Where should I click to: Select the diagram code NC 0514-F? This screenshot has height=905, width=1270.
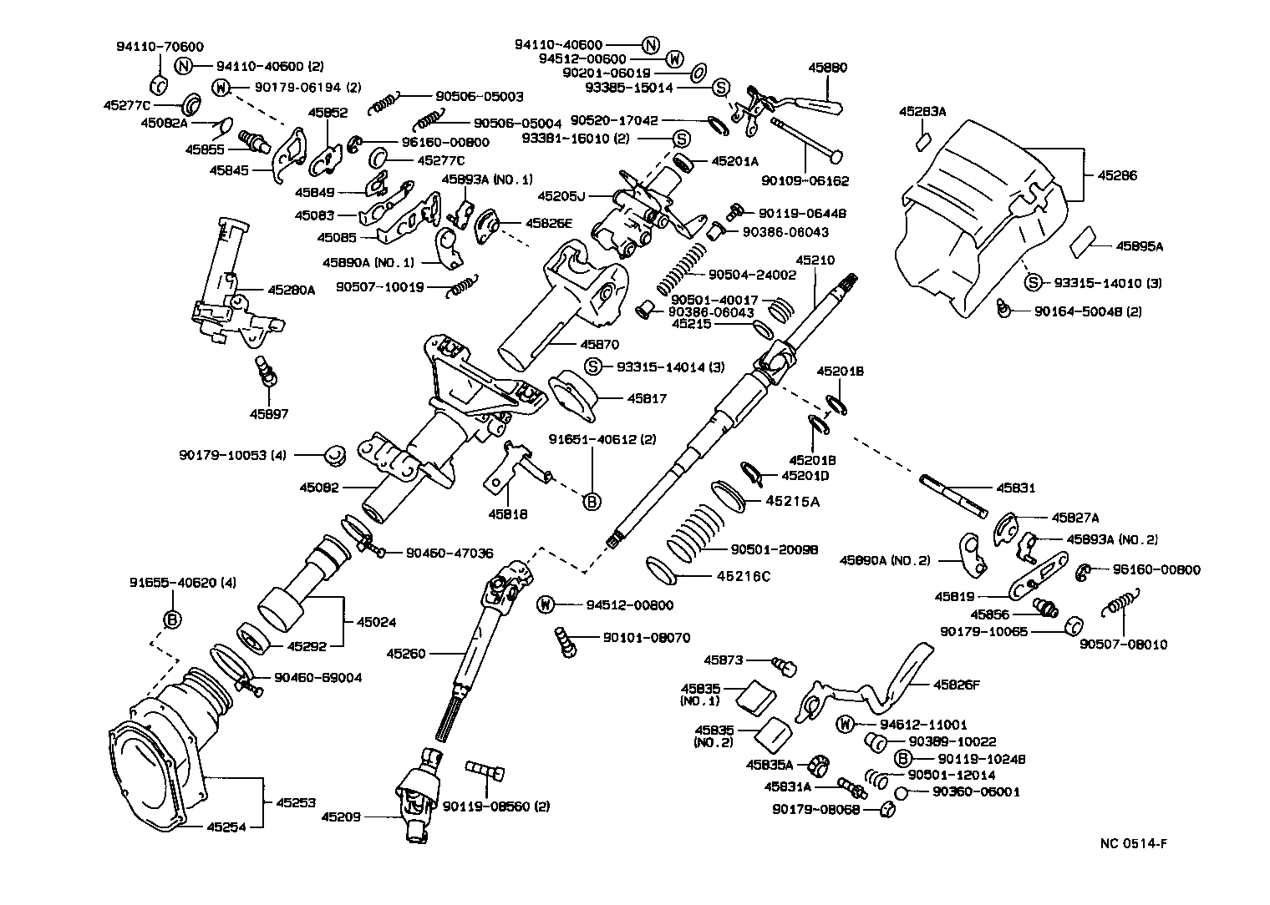point(1132,843)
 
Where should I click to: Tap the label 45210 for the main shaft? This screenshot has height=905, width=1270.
point(815,260)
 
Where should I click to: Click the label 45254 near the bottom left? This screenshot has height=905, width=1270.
point(204,827)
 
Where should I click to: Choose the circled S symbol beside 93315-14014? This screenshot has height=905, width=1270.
point(593,367)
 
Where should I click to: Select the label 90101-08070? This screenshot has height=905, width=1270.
point(646,638)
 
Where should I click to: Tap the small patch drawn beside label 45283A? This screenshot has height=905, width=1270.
point(923,141)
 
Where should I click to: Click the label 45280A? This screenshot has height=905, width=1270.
point(292,290)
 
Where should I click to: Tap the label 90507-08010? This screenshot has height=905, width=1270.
point(1123,645)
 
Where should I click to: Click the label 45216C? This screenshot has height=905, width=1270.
point(743,575)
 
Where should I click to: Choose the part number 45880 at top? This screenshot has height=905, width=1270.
point(828,68)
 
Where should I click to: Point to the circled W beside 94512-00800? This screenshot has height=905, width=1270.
point(545,604)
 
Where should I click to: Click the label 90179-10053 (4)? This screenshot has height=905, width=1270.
point(233,455)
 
